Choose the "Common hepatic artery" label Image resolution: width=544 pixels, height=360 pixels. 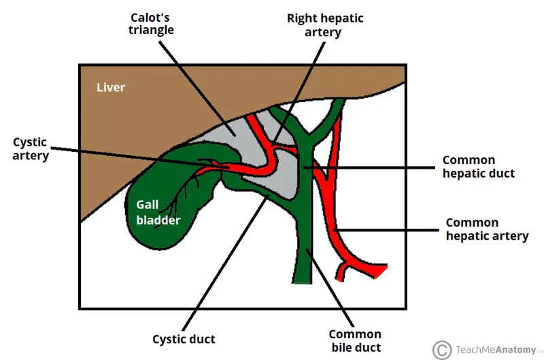pyautogui.click(x=486, y=229)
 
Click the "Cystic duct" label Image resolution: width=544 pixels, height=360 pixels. pyautogui.click(x=184, y=338)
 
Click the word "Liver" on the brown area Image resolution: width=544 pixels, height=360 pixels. pyautogui.click(x=111, y=87)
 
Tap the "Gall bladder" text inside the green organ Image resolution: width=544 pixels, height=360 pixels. pyautogui.click(x=158, y=212)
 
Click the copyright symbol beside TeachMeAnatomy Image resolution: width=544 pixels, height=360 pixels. pyautogui.click(x=441, y=348)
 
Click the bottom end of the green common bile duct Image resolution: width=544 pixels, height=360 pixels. pyautogui.click(x=303, y=280)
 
